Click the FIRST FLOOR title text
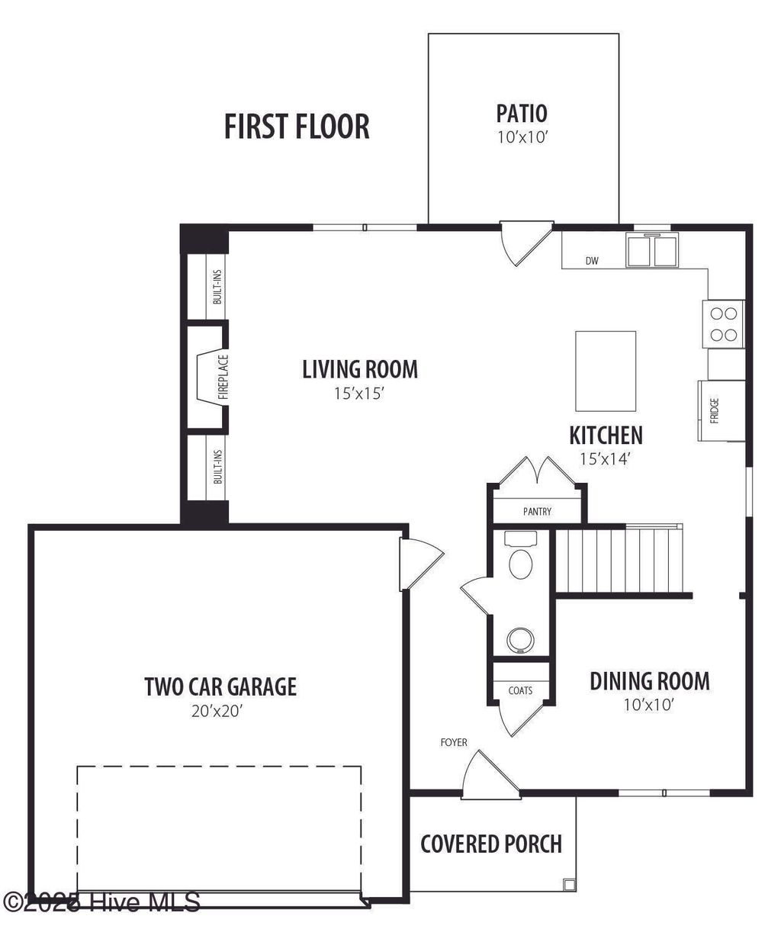[x=297, y=127]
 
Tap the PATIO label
[x=522, y=114]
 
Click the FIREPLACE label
[x=223, y=377]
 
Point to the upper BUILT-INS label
[x=217, y=288]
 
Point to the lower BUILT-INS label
[x=217, y=467]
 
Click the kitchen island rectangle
[x=606, y=371]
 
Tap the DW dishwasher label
[x=592, y=262]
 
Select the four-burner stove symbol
[x=723, y=323]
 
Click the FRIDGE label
[x=715, y=410]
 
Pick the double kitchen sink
[x=653, y=251]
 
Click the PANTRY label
[x=537, y=512]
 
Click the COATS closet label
[x=520, y=691]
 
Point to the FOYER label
[x=454, y=742]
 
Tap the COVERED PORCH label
[x=491, y=844]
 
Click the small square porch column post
[x=568, y=885]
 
